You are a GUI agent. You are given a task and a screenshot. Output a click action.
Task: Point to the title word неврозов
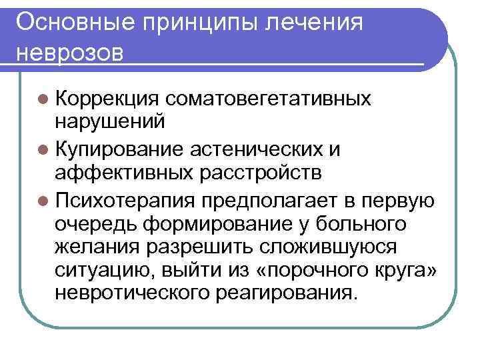[69, 52]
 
